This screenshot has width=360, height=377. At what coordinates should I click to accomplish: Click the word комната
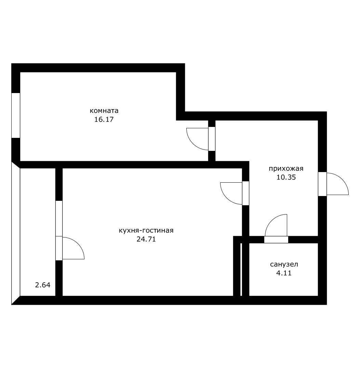[104, 110]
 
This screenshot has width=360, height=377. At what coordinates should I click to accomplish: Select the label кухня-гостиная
[146, 230]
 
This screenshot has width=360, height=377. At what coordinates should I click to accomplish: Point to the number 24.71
[146, 239]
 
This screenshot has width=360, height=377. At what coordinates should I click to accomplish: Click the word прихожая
[286, 168]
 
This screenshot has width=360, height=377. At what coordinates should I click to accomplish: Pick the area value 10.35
[286, 177]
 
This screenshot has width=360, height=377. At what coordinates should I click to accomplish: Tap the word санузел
[284, 264]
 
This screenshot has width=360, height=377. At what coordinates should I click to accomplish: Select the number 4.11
[284, 273]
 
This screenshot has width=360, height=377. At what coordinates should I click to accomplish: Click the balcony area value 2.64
[43, 285]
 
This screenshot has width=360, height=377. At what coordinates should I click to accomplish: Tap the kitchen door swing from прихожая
[231, 193]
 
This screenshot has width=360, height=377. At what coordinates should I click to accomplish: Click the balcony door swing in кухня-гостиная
[73, 248]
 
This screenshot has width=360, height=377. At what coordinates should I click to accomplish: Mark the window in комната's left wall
[16, 115]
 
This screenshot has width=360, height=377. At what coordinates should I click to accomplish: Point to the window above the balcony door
[59, 218]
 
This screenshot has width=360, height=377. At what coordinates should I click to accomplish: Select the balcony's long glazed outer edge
[16, 233]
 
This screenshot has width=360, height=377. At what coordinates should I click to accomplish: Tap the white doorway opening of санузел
[276, 240]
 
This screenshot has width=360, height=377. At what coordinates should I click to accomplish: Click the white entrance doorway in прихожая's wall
[322, 184]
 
